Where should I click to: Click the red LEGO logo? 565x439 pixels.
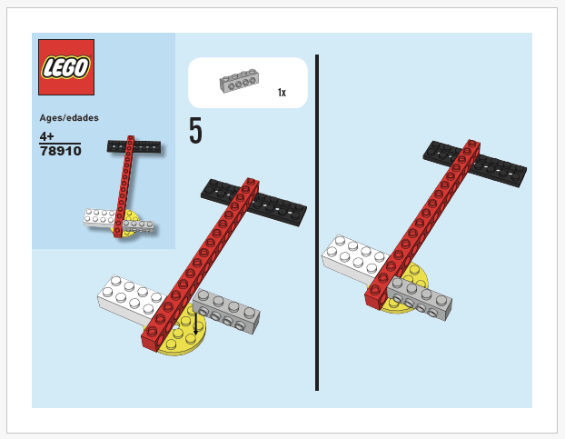click(66, 67)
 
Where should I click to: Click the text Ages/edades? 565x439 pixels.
click(69, 117)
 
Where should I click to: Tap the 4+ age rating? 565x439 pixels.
click(47, 135)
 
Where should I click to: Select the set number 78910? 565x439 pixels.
click(60, 151)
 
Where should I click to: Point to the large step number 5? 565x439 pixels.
click(195, 132)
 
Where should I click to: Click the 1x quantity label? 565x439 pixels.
click(282, 93)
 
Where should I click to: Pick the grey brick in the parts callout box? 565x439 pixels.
click(239, 82)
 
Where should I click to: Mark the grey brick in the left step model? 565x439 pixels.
click(227, 309)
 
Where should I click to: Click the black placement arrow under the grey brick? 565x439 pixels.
click(194, 318)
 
